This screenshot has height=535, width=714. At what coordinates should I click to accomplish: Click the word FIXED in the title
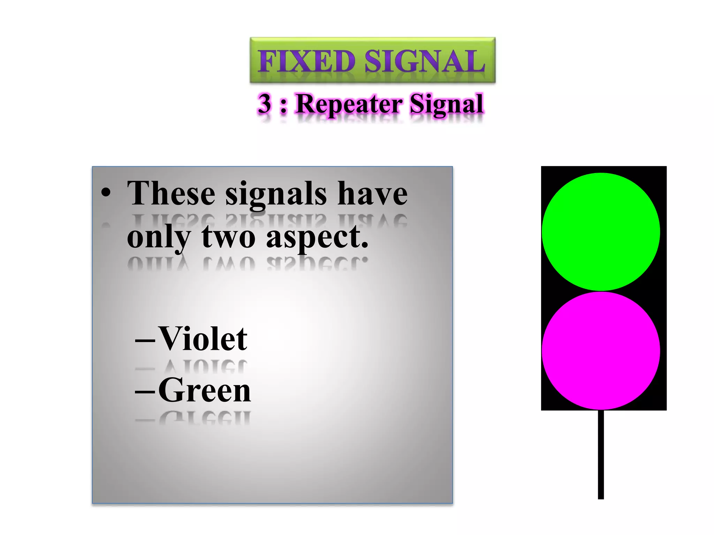tap(306, 61)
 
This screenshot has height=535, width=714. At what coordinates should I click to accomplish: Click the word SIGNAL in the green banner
tap(425, 61)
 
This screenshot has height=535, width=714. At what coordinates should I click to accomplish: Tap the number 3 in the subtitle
tap(265, 103)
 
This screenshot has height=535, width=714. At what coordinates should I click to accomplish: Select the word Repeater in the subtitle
tap(349, 104)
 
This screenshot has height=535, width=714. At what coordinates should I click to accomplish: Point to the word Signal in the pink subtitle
tap(446, 104)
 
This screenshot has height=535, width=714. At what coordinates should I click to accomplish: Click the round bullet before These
tap(106, 193)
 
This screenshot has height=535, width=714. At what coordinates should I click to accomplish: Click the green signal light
tap(601, 232)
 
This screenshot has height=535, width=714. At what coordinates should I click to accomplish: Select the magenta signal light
tap(601, 350)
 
